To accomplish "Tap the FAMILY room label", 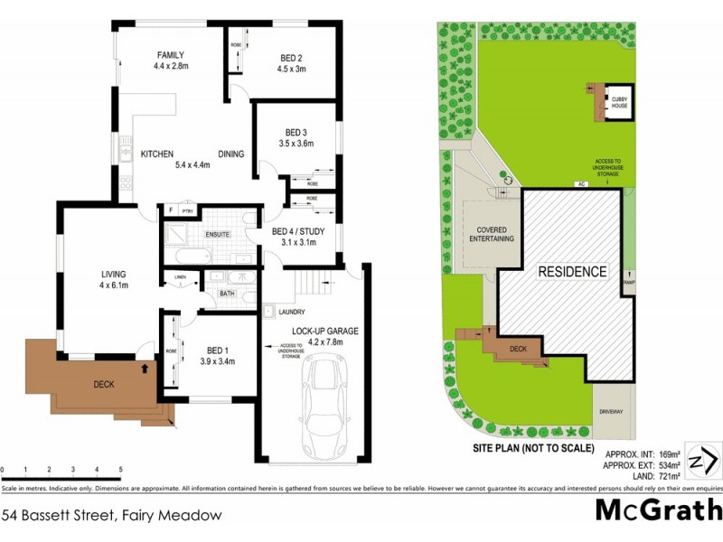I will (170, 53).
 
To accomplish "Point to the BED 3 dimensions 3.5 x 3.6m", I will (296, 143).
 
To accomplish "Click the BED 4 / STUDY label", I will (297, 230).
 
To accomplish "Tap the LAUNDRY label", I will (281, 313).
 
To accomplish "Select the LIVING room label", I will (113, 274).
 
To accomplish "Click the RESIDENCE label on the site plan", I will (573, 271).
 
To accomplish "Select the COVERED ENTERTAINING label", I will (491, 234).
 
